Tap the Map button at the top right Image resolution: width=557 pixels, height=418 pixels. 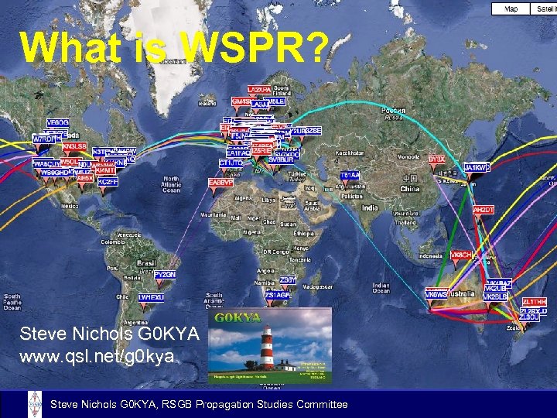[x=511, y=9]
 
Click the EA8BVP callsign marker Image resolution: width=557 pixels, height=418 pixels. [x=220, y=183]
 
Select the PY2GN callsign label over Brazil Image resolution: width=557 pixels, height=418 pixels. [x=164, y=275]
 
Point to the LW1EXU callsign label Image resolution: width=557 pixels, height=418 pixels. [x=151, y=296]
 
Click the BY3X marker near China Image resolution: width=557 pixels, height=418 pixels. [x=436, y=159]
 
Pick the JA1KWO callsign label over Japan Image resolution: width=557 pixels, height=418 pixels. [x=477, y=167]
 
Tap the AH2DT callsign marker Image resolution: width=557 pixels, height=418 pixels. [x=484, y=210]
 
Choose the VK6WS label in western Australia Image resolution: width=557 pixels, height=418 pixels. [x=436, y=294]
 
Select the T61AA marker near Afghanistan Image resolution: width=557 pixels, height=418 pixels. [x=350, y=176]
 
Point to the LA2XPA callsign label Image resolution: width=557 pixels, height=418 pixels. [x=259, y=90]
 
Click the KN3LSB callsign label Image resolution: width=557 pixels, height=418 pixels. [x=75, y=146]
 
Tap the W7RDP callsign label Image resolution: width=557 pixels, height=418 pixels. [x=45, y=139]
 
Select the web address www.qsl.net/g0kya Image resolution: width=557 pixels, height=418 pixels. [x=97, y=357]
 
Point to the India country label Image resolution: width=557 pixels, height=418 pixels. [x=371, y=207]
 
